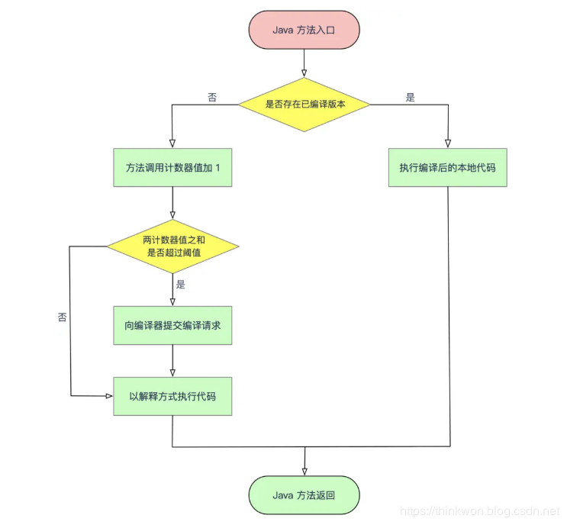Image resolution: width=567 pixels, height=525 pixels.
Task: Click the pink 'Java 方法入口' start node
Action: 304,30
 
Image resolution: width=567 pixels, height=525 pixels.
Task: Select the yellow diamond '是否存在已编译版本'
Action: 304,103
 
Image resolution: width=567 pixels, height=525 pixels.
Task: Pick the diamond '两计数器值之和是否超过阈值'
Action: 172,246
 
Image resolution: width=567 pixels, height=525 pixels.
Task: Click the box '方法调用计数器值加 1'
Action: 172,166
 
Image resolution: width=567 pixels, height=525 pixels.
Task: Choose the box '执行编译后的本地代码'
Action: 447,166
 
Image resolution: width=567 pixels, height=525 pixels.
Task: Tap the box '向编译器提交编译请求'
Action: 172,326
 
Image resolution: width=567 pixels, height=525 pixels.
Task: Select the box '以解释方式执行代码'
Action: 172,396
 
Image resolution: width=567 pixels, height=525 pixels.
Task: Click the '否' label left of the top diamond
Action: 212,97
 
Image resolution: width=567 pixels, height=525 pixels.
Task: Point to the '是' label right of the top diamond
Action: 410,97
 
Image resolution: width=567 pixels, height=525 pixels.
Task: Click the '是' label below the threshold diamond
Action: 181,284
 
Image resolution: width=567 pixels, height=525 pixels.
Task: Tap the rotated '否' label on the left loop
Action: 62,316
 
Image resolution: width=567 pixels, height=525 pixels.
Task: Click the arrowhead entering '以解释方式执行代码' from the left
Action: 108,396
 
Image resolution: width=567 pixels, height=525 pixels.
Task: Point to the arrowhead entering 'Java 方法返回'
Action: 304,471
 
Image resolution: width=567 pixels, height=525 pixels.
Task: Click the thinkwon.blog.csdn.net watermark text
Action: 480,511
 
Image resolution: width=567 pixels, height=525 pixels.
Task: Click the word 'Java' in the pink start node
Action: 284,30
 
